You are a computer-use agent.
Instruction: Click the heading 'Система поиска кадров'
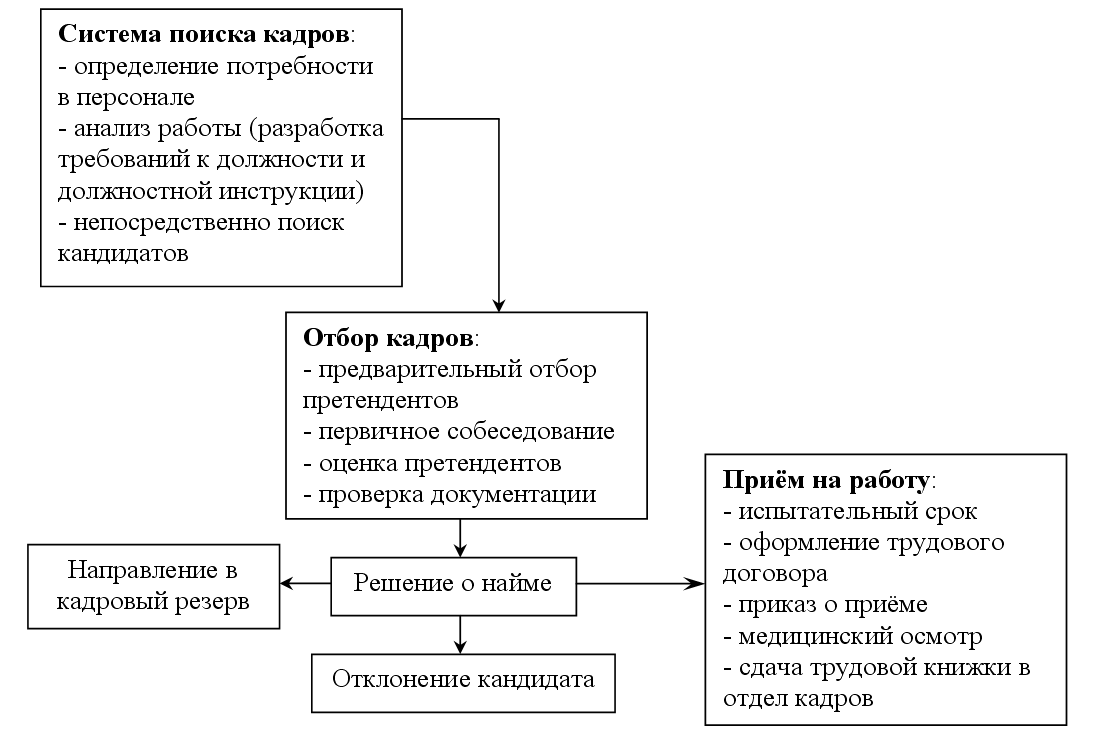coord(203,34)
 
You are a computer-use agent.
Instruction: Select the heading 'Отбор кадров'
coord(388,339)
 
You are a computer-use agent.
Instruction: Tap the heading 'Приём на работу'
coord(827,480)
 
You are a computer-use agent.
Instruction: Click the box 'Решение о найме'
coord(453,586)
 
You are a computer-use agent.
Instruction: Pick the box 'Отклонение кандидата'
coord(463,683)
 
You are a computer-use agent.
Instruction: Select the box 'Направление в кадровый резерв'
coord(153,586)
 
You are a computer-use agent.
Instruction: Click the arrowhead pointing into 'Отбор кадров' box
coord(498,305)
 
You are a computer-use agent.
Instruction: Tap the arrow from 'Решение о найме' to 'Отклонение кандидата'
coord(460,635)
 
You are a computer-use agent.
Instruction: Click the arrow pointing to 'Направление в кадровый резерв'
coord(306,583)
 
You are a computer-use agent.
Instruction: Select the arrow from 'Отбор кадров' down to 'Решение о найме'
coord(460,538)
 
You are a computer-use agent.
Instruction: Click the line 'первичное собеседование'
coord(459,431)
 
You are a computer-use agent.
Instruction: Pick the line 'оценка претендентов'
coord(432,463)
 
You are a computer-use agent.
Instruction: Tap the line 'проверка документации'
coord(450,495)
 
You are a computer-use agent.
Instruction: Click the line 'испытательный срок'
coord(851,512)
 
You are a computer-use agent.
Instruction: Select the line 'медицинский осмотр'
coord(853,637)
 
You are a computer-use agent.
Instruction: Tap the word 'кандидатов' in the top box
coord(123,253)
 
